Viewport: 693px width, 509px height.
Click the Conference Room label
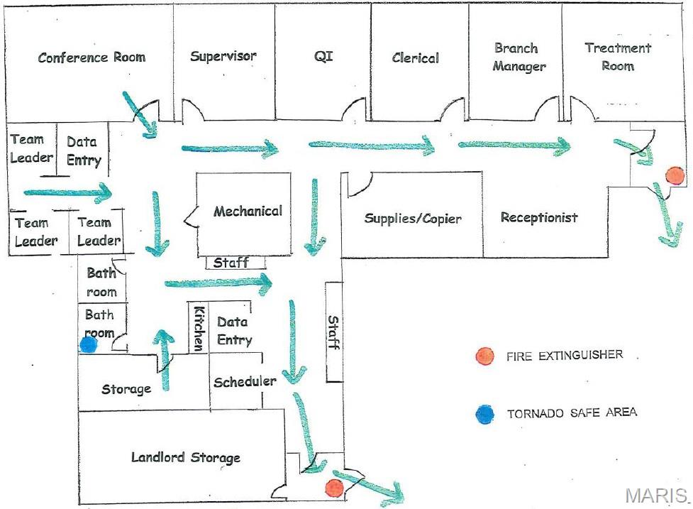92,58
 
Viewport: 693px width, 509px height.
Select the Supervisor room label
223,56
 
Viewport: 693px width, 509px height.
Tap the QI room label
323,56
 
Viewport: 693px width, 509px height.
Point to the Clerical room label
416,58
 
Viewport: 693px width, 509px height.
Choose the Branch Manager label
519,58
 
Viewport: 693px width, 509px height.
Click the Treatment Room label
618,57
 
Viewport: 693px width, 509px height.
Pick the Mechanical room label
248,211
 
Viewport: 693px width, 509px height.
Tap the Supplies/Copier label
413,218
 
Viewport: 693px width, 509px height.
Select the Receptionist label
539,217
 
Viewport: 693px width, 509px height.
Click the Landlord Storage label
186,458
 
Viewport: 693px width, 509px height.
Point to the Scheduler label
244,381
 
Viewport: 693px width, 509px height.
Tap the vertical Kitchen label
199,327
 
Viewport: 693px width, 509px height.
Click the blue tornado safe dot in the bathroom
88,345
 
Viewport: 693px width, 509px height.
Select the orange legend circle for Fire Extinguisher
484,356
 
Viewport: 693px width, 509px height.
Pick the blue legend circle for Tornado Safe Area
484,413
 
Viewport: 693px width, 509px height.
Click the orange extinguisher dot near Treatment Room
674,175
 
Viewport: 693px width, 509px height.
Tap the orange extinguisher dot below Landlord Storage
333,488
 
